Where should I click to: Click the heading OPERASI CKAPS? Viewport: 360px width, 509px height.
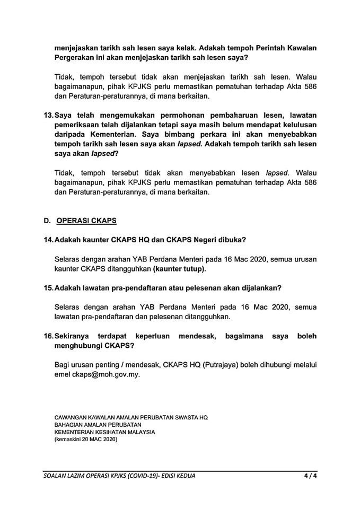(x=86, y=220)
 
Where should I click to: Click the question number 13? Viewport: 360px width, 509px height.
(x=49, y=115)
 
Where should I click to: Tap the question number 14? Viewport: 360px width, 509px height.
(x=49, y=240)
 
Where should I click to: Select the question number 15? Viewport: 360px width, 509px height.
(x=49, y=288)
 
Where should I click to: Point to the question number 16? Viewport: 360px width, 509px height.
(x=49, y=336)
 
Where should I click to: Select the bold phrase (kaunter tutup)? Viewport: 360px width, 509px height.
(x=179, y=269)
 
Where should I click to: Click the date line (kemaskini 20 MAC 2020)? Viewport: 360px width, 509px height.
(x=85, y=440)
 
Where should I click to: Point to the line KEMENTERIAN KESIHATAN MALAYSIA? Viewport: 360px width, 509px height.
(x=105, y=432)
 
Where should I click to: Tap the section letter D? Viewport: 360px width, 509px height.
(x=47, y=220)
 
